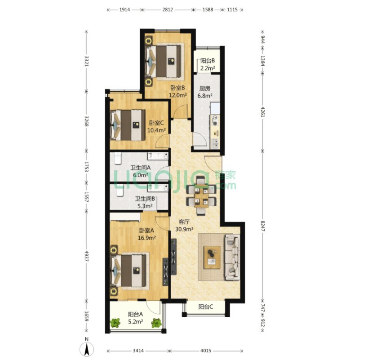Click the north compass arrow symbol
(87, 349)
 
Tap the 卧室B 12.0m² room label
(177, 91)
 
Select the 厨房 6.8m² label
(205, 92)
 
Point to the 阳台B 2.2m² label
(208, 64)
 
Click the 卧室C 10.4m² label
(156, 127)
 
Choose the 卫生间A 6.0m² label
(141, 171)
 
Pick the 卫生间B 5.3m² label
(145, 203)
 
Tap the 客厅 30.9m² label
(184, 225)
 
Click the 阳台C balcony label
(206, 307)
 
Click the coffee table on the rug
(212, 258)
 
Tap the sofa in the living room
(232, 257)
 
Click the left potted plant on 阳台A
(115, 323)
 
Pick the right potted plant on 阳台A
(156, 323)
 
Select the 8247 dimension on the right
(263, 226)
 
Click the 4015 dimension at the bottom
(206, 351)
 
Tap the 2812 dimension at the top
(168, 10)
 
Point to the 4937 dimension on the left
(87, 256)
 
